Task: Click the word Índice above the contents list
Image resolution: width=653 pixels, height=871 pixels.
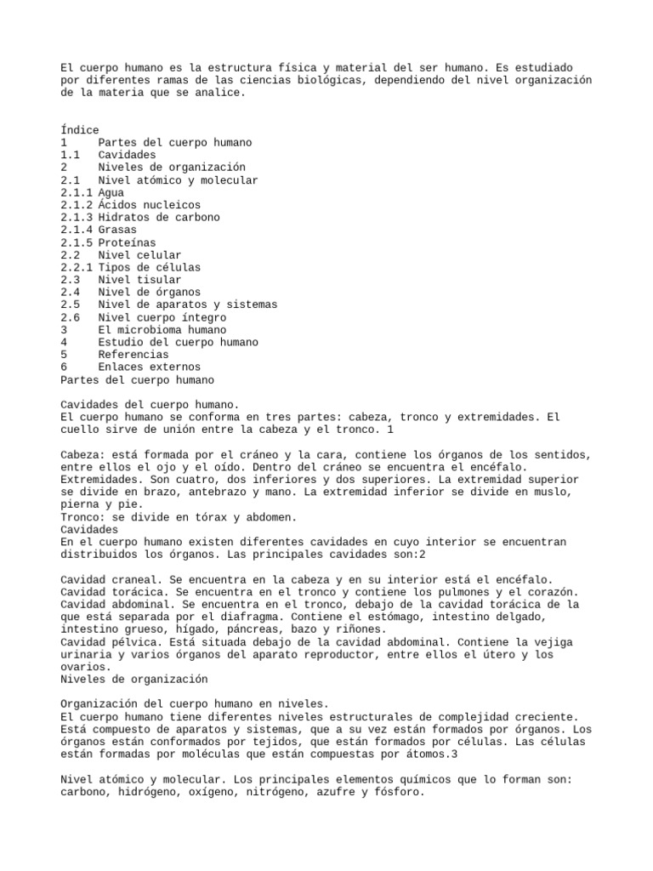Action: pyautogui.click(x=80, y=130)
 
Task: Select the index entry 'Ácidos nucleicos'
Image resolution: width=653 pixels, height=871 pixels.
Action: pyautogui.click(x=150, y=205)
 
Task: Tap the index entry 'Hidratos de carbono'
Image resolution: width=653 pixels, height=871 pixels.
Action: pyautogui.click(x=159, y=218)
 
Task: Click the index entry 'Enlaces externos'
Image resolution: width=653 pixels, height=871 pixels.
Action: pyautogui.click(x=150, y=367)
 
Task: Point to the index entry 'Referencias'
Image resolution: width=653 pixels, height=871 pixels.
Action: pyautogui.click(x=133, y=354)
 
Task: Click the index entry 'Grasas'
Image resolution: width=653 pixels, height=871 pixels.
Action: pyautogui.click(x=117, y=230)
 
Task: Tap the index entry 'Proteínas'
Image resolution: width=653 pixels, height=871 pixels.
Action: pyautogui.click(x=127, y=242)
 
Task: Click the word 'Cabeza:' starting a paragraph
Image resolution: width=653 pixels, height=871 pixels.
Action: pyautogui.click(x=82, y=454)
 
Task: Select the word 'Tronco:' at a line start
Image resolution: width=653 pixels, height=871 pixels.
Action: pyautogui.click(x=82, y=517)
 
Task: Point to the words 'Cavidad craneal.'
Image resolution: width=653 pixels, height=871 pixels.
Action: pyautogui.click(x=111, y=579)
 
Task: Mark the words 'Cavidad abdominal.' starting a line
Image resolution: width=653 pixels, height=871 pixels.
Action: pyautogui.click(x=117, y=604)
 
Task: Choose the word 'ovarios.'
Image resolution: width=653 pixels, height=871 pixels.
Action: pyautogui.click(x=86, y=667)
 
